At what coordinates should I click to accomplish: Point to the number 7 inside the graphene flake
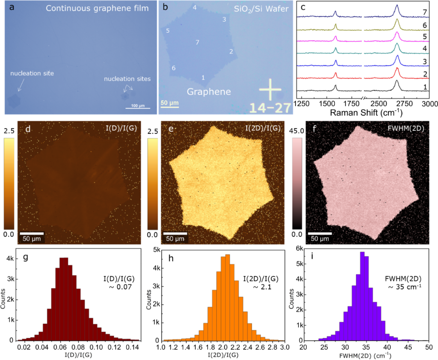[x=197, y=42]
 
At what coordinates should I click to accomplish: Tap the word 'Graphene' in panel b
[x=208, y=91]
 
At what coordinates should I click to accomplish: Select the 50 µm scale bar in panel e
[x=176, y=233]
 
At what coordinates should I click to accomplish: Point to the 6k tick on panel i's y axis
[x=298, y=249]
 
